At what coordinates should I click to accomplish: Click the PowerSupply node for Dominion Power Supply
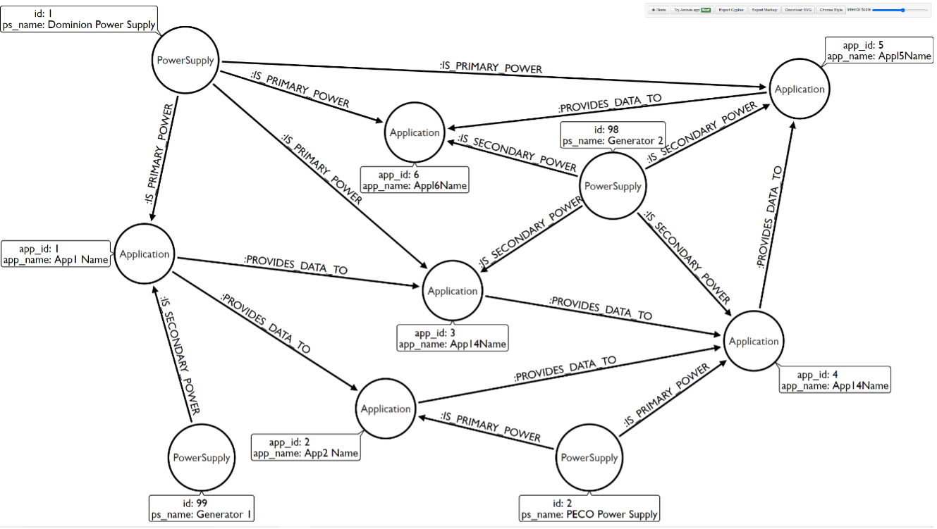point(185,61)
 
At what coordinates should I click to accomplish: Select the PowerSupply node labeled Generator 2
point(613,187)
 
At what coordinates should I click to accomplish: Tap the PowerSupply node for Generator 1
point(202,458)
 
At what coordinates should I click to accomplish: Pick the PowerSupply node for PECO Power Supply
point(589,458)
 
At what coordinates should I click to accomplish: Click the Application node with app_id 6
point(415,132)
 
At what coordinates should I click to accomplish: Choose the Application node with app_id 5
point(799,89)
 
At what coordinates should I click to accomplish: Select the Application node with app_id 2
point(386,409)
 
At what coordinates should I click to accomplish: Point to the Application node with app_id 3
point(453,291)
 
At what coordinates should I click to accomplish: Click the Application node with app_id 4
point(754,342)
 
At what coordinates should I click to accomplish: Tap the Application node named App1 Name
point(145,254)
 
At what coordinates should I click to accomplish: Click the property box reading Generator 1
point(202,508)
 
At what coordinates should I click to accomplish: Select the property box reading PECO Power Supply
point(590,508)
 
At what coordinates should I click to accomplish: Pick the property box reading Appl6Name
point(414,180)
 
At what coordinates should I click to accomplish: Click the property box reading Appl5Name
point(879,51)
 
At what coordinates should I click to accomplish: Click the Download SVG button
point(798,11)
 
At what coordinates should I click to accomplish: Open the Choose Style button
point(831,11)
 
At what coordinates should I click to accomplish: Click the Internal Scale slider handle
point(902,10)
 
